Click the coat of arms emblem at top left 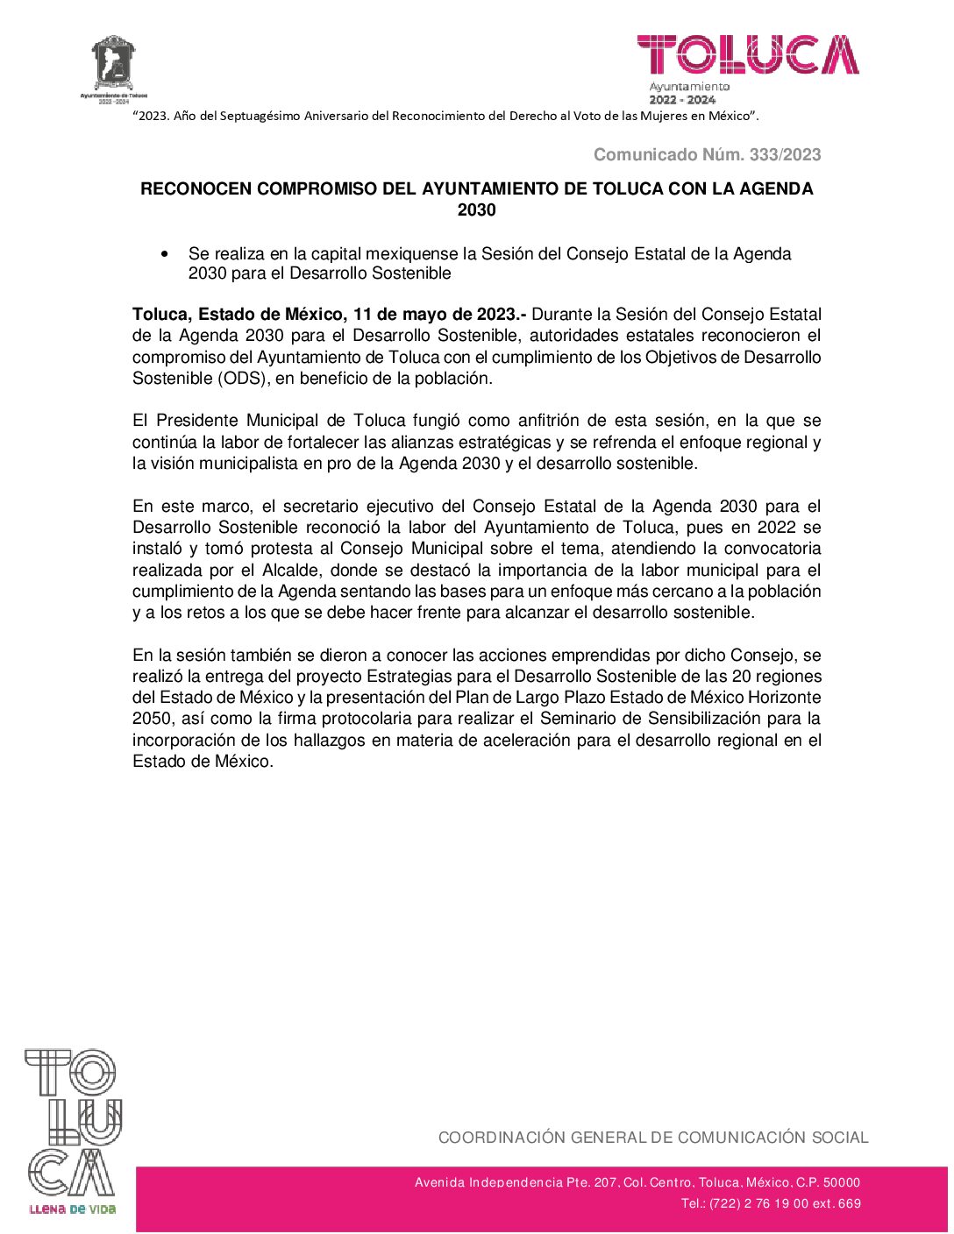pyautogui.click(x=114, y=63)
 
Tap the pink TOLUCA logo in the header pyautogui.click(x=748, y=54)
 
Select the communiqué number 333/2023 pyautogui.click(x=786, y=155)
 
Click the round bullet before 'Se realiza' pyautogui.click(x=164, y=254)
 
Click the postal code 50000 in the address pyautogui.click(x=842, y=1182)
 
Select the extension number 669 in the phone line pyautogui.click(x=849, y=1203)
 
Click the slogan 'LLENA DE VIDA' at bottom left pyautogui.click(x=72, y=1209)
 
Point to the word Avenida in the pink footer pyautogui.click(x=439, y=1182)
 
